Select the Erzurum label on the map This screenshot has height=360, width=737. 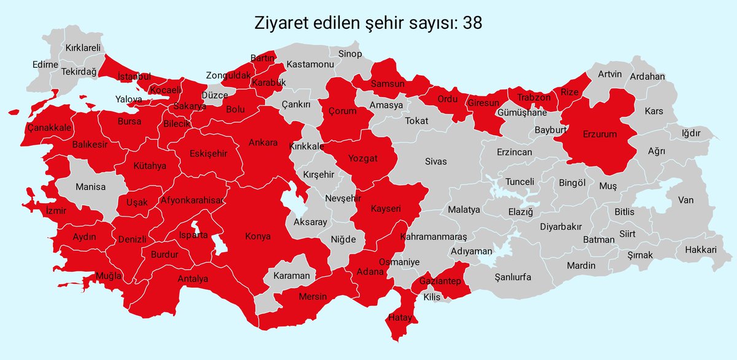click(600, 133)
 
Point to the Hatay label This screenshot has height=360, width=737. click(400, 318)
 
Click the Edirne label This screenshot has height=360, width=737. click(45, 65)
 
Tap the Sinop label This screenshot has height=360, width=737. click(350, 54)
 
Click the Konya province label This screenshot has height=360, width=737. click(258, 236)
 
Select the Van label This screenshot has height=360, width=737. click(685, 200)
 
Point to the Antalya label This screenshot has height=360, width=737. click(193, 279)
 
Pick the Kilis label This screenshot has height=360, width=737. click(432, 297)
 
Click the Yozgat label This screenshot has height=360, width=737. click(362, 158)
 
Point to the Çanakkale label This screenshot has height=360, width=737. click(50, 127)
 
